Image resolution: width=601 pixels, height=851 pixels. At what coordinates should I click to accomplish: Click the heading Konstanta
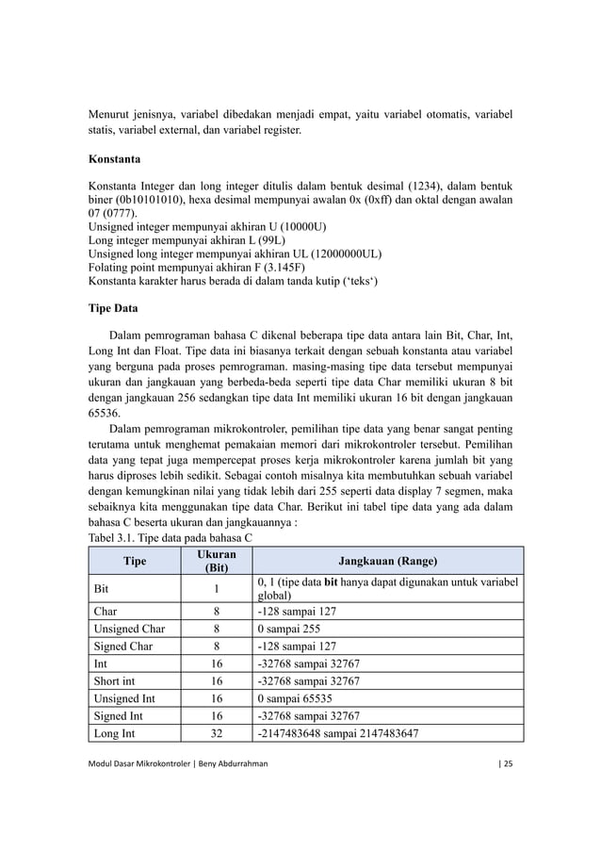click(115, 160)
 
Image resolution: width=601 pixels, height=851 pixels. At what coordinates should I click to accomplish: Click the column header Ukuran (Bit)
click(217, 561)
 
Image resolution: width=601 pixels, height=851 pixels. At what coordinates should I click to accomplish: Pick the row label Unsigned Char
click(128, 629)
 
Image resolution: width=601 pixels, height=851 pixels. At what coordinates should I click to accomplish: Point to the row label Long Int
click(116, 734)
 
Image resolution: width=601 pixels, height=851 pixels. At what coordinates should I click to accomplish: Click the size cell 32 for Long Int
click(217, 734)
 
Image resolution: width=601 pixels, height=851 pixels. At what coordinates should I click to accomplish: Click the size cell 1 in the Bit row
click(217, 589)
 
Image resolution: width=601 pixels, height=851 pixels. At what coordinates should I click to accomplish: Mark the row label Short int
click(118, 681)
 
